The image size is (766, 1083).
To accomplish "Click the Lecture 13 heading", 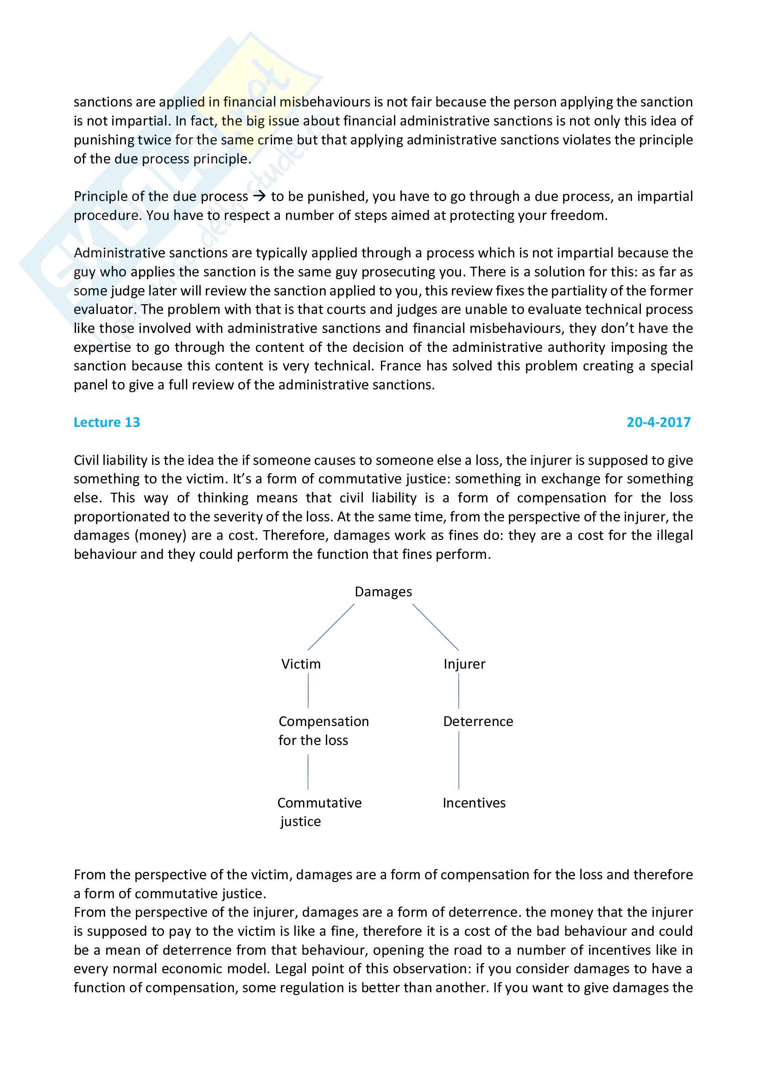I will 107,422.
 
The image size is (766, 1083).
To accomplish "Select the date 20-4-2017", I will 658,422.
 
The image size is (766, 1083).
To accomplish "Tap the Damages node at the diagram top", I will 383,591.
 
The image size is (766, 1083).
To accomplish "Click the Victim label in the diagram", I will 301,664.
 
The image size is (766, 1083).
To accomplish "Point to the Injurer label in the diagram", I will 464,664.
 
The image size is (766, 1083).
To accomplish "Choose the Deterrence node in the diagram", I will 478,721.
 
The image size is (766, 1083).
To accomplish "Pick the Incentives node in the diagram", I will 474,803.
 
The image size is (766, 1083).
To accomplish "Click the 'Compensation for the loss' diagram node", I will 323,731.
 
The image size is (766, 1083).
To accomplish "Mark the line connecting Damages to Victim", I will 331,627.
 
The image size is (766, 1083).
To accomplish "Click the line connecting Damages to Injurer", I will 436,627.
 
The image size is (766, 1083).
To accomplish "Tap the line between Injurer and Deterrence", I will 459,690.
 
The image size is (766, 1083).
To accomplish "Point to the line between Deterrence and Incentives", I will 459,760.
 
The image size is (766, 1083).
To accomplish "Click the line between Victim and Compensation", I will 308,690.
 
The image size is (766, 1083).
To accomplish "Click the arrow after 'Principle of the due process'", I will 259,196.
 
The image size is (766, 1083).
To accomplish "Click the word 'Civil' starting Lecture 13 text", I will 86,460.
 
